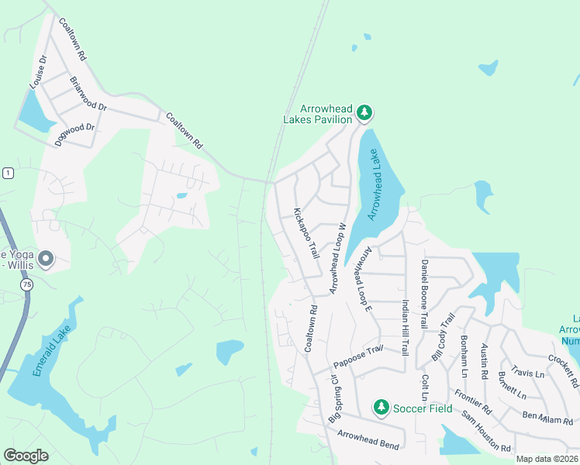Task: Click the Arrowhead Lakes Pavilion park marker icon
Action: (364, 115)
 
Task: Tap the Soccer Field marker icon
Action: (381, 407)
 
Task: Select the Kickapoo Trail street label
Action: (306, 233)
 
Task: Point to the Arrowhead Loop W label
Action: (337, 258)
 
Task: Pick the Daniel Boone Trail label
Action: (424, 294)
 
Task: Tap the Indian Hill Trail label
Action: (405, 328)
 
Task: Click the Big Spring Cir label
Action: (334, 398)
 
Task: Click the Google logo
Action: (26, 456)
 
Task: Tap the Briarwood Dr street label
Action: (88, 93)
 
